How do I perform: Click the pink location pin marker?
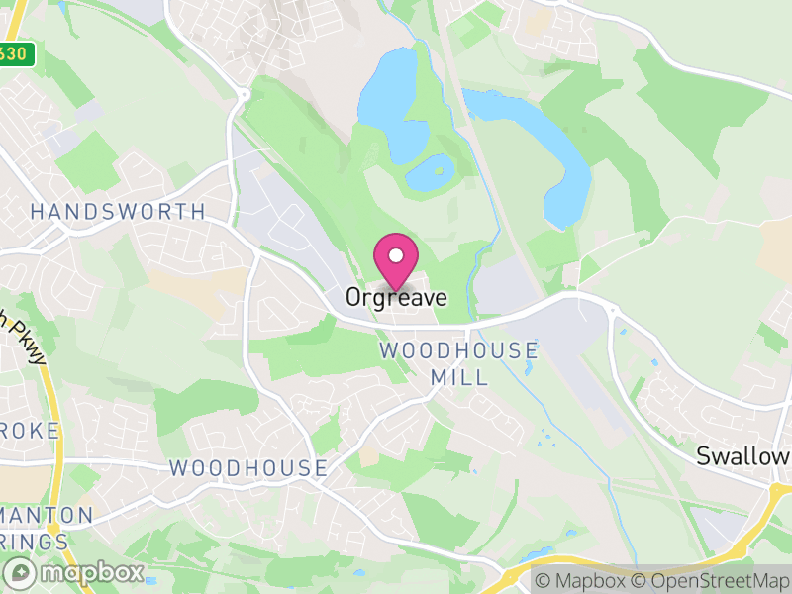coord(396,260)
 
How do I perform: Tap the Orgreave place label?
coord(396,297)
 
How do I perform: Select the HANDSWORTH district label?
coord(118,212)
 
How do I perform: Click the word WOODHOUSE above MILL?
coord(459,350)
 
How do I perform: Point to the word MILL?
coord(459,377)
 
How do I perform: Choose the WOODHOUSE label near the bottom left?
coord(248,467)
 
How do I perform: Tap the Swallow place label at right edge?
coord(743,456)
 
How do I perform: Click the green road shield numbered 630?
coord(16,54)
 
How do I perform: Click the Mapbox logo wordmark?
coord(75,572)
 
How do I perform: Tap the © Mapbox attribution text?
coord(582,581)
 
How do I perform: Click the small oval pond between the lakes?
coord(427,174)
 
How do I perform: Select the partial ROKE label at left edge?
coord(30,431)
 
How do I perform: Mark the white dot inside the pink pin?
coord(396,255)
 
